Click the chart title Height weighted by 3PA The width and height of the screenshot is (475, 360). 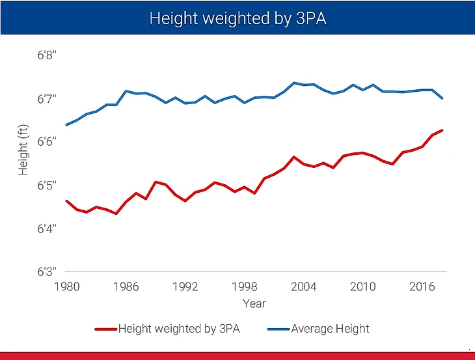click(238, 18)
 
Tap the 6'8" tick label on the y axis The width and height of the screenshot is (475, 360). click(47, 56)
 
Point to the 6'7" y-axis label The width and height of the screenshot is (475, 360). click(47, 99)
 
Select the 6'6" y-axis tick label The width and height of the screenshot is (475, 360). click(47, 142)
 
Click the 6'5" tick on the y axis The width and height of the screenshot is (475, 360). click(47, 186)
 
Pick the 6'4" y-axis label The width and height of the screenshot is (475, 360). click(47, 228)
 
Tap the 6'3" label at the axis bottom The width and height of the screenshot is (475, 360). click(47, 271)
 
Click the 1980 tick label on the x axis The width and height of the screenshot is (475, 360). click(67, 286)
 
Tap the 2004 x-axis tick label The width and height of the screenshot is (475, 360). click(304, 286)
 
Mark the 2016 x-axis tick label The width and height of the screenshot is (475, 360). click(422, 286)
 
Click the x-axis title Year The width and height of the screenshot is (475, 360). click(254, 303)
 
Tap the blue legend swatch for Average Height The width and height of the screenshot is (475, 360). click(278, 329)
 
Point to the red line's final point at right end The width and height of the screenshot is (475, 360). click(442, 130)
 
